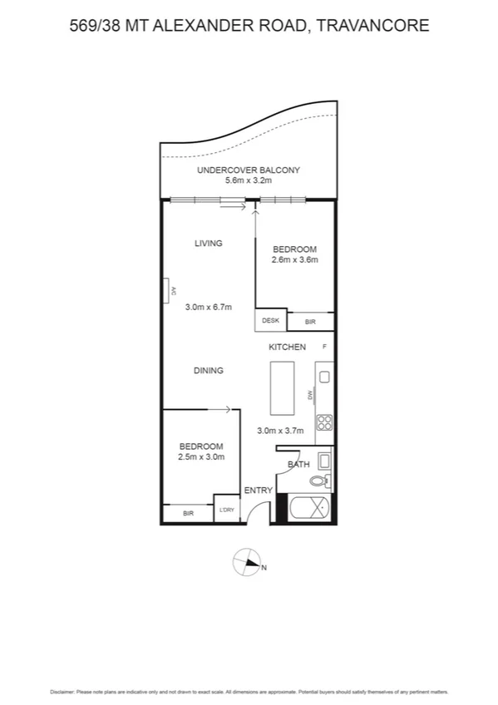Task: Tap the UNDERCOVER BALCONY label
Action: coord(248,170)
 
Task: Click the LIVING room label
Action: coord(209,244)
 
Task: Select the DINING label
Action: coord(209,371)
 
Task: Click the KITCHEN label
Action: coord(287,347)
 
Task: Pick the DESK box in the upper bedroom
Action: coord(270,321)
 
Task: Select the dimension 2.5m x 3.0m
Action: coord(201,456)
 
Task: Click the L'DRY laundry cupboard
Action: coord(226,510)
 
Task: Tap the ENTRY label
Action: coord(258,491)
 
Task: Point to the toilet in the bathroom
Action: coord(320,481)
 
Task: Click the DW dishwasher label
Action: coord(309,395)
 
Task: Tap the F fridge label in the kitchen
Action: coord(324,346)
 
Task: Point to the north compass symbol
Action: coord(248,563)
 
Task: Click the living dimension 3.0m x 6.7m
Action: coord(206,307)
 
